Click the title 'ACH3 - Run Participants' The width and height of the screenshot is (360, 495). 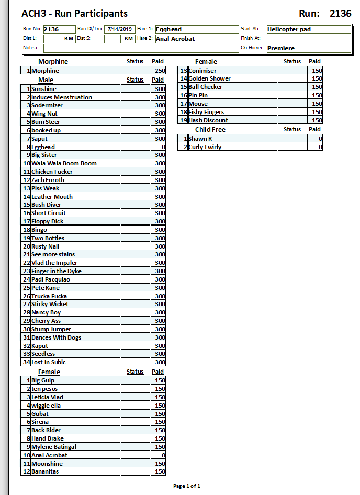click(74, 14)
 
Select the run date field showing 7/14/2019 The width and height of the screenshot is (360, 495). click(120, 29)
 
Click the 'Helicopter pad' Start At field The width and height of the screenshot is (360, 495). click(308, 29)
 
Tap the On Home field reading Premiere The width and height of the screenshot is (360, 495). click(308, 48)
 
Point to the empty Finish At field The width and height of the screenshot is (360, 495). click(308, 39)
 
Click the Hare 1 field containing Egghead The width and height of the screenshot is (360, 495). click(196, 29)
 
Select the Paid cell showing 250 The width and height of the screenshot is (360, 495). click(158, 71)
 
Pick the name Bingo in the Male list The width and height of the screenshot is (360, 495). click(39, 230)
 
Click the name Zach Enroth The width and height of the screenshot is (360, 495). click(48, 180)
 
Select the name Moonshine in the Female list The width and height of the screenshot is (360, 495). click(47, 464)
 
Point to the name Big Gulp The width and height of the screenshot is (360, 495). click(43, 380)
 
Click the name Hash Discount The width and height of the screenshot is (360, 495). click(208, 120)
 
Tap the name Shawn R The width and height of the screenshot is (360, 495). click(200, 139)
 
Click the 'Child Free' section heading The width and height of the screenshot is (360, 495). click(210, 130)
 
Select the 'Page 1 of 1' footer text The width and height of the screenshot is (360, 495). click(187, 486)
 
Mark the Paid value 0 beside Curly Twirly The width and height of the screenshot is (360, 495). click(315, 147)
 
